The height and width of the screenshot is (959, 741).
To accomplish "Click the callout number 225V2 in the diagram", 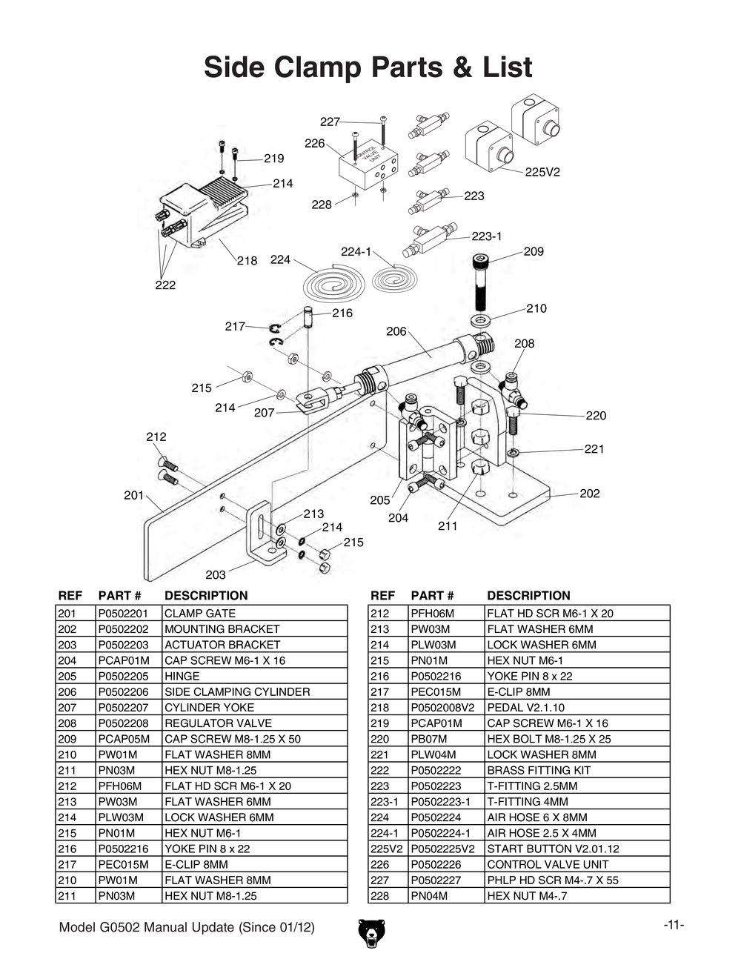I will [x=542, y=172].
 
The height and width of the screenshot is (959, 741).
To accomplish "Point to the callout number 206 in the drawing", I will [x=396, y=331].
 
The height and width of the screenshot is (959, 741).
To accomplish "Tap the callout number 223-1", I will [x=487, y=236].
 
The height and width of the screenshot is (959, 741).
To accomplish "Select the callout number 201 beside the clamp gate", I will [x=133, y=495].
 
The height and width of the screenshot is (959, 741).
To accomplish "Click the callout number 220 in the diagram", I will [x=596, y=416].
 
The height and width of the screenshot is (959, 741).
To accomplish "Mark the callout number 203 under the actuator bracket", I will [x=216, y=574].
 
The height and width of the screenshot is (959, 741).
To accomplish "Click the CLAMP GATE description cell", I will [x=200, y=614].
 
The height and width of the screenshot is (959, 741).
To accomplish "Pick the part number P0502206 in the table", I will [x=124, y=692].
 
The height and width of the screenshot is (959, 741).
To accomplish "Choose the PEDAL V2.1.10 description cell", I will [x=525, y=708].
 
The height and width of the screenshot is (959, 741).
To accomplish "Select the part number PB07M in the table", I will [x=428, y=739].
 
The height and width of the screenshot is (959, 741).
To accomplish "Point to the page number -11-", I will [x=674, y=925].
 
